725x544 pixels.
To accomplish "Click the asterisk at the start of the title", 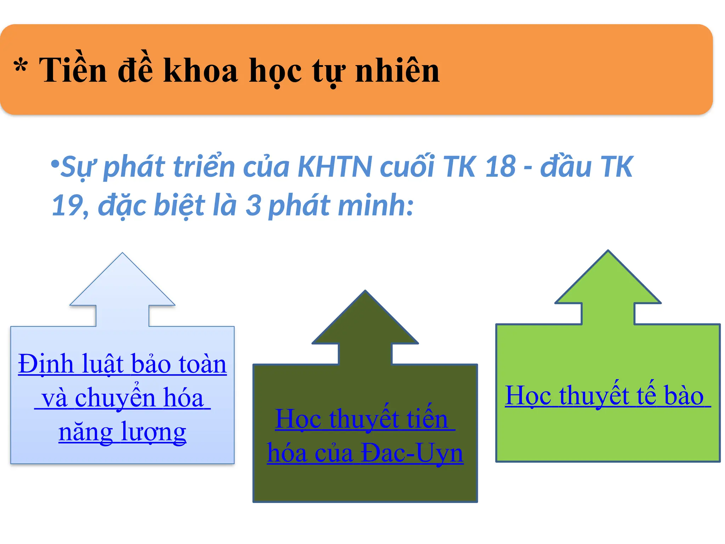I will pyautogui.click(x=21, y=66).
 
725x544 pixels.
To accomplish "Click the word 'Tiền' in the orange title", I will pyautogui.click(x=73, y=70).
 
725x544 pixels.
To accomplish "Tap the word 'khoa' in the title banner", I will pyautogui.click(x=200, y=70).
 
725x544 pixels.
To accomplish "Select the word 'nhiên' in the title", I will pyautogui.click(x=397, y=70).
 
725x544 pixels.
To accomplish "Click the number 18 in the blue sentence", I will pyautogui.click(x=500, y=166).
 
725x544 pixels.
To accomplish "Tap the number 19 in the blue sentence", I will pyautogui.click(x=67, y=205).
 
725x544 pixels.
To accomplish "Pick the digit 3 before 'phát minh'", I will pyautogui.click(x=253, y=205).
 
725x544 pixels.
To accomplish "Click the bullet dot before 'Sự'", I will pyautogui.click(x=55, y=164).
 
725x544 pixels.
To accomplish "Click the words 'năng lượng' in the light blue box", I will pyautogui.click(x=122, y=432).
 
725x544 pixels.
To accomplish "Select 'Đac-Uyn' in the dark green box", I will pyautogui.click(x=412, y=453).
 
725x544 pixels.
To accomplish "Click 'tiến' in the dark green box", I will pyautogui.click(x=427, y=419).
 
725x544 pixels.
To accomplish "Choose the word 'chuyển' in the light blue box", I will pyautogui.click(x=115, y=398).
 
